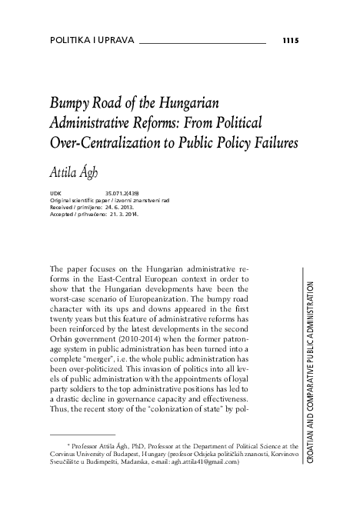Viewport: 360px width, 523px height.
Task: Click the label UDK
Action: (55, 192)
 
